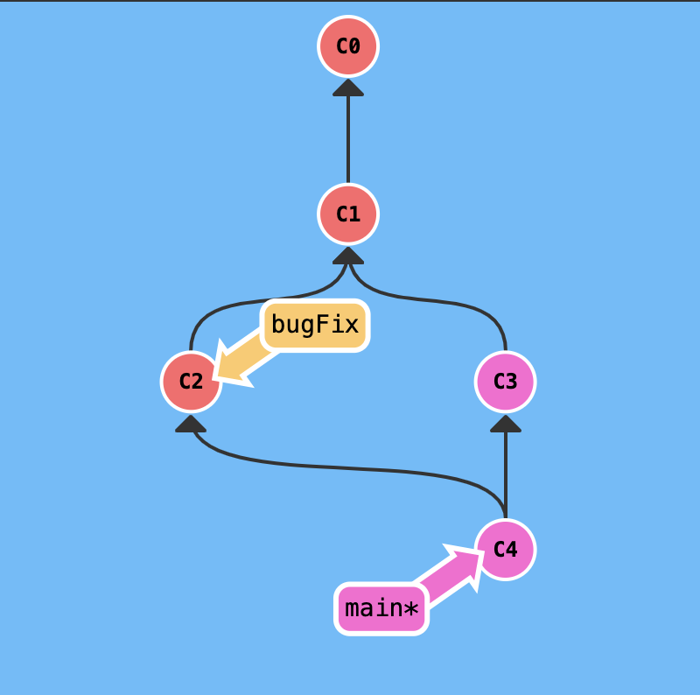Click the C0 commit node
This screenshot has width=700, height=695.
[x=348, y=46]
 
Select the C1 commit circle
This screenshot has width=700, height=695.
[x=348, y=214]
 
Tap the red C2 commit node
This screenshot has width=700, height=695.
[x=191, y=382]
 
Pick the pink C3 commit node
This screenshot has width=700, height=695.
[x=506, y=382]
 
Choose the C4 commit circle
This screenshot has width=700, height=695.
[x=506, y=550]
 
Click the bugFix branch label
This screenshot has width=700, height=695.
[x=315, y=325]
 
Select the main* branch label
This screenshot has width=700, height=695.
[x=381, y=608]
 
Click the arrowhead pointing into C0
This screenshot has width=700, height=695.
[x=348, y=88]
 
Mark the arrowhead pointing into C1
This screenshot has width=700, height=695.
[x=348, y=256]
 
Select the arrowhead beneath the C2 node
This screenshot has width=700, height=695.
[x=191, y=424]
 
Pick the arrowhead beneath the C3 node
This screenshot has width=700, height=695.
[x=506, y=424]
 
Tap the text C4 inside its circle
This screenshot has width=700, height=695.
[x=506, y=550]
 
